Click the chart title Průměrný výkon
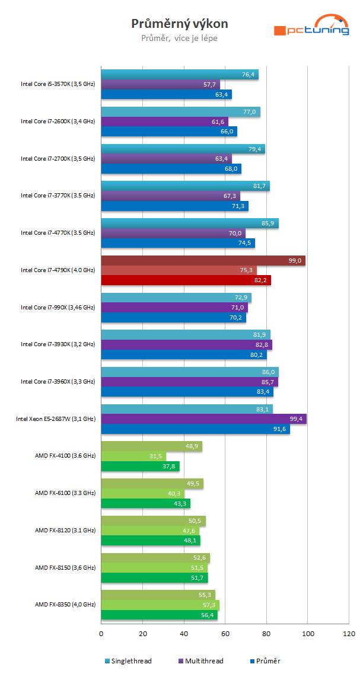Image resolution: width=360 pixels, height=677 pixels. tap(179, 24)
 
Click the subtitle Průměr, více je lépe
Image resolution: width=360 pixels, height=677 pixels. tap(179, 39)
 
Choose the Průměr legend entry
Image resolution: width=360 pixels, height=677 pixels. tap(267, 660)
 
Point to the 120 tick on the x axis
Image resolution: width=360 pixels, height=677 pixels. tap(349, 634)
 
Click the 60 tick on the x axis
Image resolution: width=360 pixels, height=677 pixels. tap(225, 634)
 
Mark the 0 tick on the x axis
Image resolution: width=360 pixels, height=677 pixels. tap(101, 634)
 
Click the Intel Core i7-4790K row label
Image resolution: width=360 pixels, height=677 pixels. tap(58, 270)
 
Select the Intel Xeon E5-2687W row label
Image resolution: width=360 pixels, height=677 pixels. tap(55, 419)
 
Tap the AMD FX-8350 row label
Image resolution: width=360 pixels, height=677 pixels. tap(65, 605)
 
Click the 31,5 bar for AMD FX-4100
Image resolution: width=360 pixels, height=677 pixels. tap(133, 456)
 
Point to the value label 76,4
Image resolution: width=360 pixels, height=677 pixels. tap(249, 75)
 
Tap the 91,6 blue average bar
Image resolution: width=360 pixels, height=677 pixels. tap(195, 429)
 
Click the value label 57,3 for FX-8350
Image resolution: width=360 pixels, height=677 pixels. tap(210, 605)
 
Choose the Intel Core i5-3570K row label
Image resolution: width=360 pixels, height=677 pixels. tap(58, 84)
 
